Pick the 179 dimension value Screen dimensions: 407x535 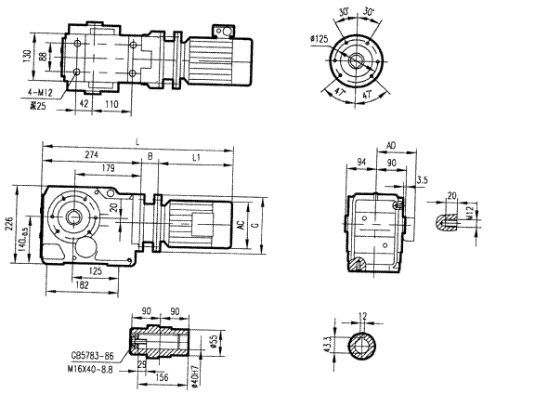(110, 168)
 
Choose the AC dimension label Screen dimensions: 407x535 (240, 226)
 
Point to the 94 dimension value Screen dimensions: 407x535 (360, 164)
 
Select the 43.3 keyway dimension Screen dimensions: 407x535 (328, 346)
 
